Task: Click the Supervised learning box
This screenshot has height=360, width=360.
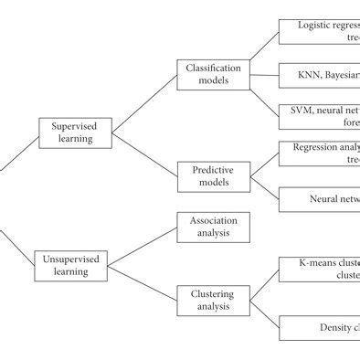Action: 73,132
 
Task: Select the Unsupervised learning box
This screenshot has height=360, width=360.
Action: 73,266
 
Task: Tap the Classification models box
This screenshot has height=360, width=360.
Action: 213,75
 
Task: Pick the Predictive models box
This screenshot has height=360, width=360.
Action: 213,175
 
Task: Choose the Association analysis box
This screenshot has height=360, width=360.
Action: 213,227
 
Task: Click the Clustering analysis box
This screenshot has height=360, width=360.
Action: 213,301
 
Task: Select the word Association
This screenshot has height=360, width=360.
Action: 213,221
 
